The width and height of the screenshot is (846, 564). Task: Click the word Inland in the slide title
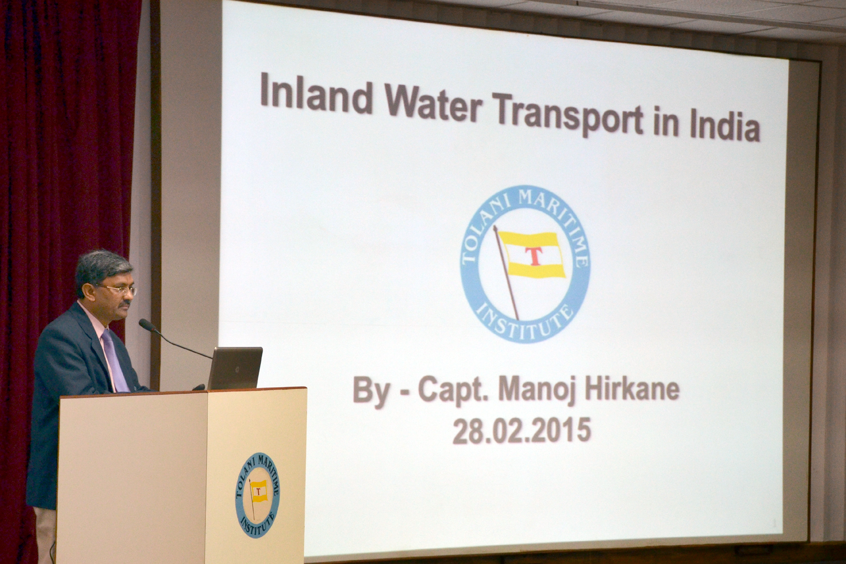[x=316, y=94]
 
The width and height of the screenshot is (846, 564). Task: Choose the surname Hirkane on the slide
[x=631, y=389]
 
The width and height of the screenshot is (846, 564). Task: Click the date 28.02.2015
[x=522, y=430]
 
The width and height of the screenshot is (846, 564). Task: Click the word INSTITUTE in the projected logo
[x=525, y=323]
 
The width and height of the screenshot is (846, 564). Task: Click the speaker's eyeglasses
[x=120, y=290]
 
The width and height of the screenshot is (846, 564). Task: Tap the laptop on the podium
[x=235, y=368]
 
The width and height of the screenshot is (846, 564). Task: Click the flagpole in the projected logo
[x=506, y=273]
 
